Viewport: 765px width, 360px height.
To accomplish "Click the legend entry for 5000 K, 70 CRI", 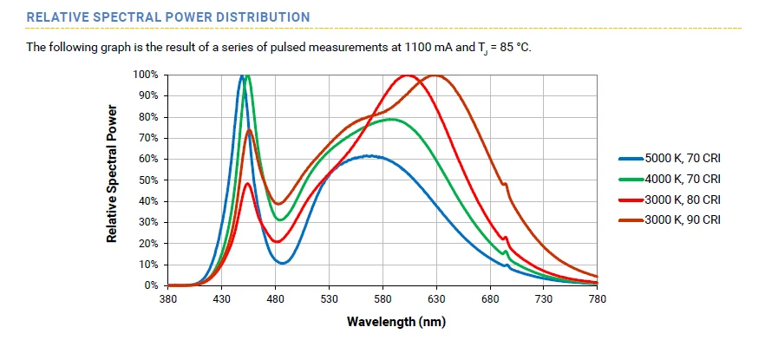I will [x=682, y=159].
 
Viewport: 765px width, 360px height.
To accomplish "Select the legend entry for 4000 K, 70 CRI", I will [x=682, y=179].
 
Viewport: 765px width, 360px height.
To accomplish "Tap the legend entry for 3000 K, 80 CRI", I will [x=682, y=200].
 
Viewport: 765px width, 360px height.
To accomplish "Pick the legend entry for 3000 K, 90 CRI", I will [x=682, y=219].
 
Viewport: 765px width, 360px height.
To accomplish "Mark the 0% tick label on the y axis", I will [x=150, y=285].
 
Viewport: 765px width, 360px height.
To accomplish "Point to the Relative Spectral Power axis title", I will [x=112, y=173].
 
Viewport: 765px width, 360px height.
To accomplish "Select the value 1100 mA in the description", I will [x=375, y=47].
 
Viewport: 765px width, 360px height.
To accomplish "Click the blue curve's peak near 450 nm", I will [x=242, y=76].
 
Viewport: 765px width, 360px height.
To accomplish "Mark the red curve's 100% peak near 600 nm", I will [x=407, y=76].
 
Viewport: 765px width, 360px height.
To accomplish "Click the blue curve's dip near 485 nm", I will [x=282, y=263].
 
